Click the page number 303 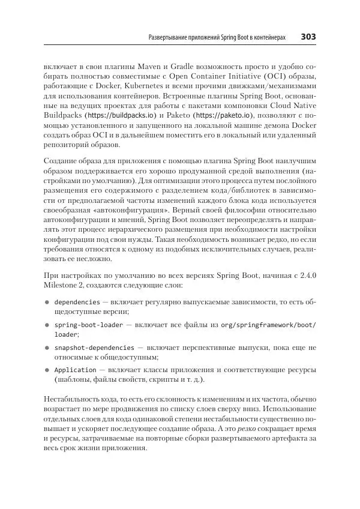308,37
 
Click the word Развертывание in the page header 172,38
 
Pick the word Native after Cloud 304,104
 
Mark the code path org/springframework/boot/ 275,324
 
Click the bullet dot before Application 45,370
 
